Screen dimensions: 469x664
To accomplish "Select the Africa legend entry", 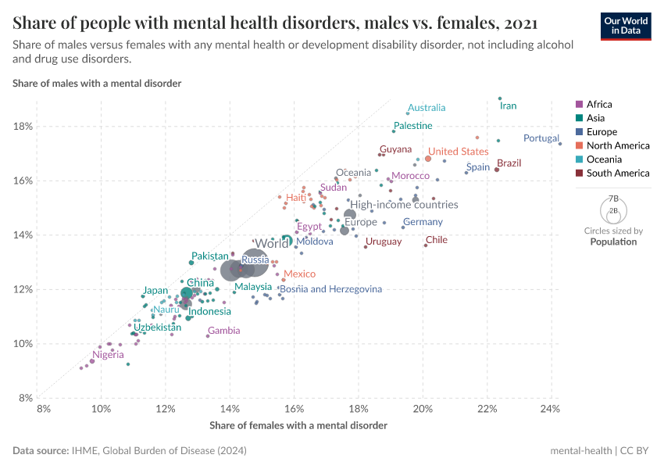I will (x=599, y=104).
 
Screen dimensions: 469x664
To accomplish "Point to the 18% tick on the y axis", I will (x=23, y=127).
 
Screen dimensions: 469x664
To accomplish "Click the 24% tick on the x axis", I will (x=550, y=409).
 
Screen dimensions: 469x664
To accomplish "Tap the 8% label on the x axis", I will (x=43, y=409).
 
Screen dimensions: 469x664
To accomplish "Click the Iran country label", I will (x=508, y=106).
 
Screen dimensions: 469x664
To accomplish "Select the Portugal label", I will (x=541, y=138).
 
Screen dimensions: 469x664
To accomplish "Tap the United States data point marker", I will (x=428, y=159).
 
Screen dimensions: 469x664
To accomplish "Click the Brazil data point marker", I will (x=497, y=170).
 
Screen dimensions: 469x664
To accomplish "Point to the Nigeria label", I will (x=108, y=355).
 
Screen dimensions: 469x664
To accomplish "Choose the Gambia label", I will (x=223, y=331).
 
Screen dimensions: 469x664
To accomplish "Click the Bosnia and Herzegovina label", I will (x=330, y=289).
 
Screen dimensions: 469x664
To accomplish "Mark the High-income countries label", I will (x=404, y=205).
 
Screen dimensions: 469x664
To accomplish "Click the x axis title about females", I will (x=298, y=425).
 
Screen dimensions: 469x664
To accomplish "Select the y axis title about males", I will (x=97, y=83).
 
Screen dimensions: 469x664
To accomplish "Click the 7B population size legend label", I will (x=613, y=199).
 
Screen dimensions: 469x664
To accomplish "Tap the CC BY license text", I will (x=637, y=451).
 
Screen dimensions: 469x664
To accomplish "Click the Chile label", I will (x=436, y=240).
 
